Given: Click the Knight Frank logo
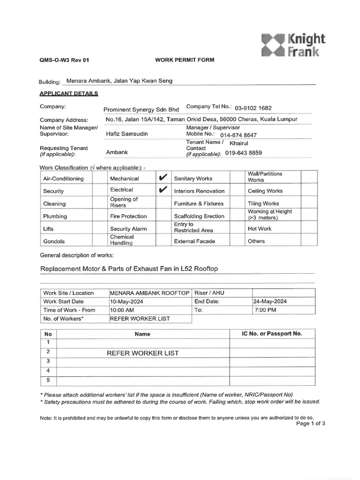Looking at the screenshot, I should tap(293, 45).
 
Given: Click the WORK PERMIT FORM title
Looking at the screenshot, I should tap(185, 60).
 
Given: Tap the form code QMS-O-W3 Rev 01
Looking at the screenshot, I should tap(64, 60).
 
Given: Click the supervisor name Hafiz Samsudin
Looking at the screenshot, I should tap(127, 134).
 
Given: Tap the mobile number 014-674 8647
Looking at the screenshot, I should tap(239, 135).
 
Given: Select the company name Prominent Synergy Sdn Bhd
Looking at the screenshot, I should tap(141, 109).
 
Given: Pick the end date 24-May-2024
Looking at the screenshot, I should tap(270, 301).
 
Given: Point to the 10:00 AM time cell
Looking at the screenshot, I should tap(122, 310).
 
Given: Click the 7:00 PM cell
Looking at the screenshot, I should tap(265, 310).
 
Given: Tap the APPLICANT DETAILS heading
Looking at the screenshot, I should tap(69, 93).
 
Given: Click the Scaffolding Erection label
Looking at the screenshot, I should tap(199, 217).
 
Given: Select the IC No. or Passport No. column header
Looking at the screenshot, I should tap(272, 334).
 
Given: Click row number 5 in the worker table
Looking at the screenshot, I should tap(48, 380).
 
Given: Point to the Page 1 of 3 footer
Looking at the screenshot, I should tap(311, 423).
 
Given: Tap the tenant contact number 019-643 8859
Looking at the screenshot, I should tap(244, 153).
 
